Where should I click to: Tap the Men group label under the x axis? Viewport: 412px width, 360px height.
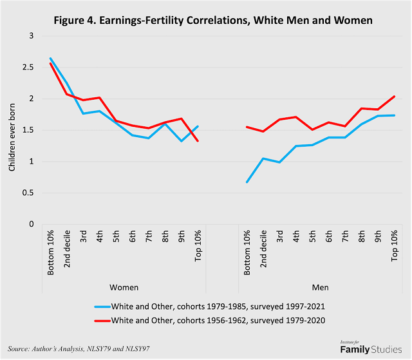point(321,287)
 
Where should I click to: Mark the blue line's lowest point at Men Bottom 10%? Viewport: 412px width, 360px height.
point(247,182)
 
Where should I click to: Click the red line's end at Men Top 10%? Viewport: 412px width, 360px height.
point(394,97)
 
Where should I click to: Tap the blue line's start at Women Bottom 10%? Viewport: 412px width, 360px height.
point(50,59)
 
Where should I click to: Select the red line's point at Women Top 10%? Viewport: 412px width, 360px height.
point(198,141)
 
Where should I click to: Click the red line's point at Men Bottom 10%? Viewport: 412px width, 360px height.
point(247,127)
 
